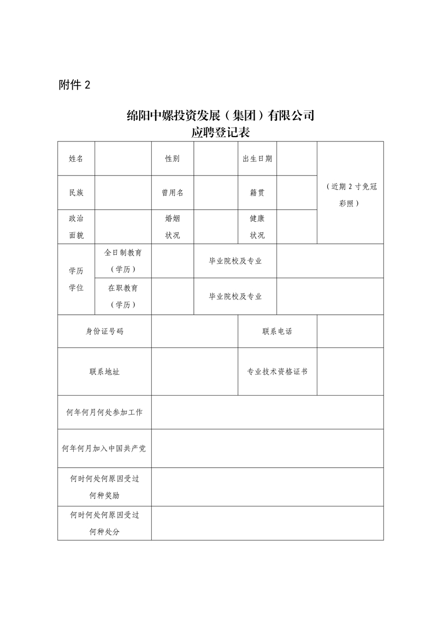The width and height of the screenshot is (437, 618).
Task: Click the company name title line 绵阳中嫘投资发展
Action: [220, 116]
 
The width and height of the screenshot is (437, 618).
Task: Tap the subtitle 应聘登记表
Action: [220, 133]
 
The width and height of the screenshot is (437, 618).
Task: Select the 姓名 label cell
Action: [76, 158]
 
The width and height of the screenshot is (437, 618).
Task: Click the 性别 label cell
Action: [173, 158]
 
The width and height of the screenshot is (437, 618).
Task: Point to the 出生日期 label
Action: [257, 158]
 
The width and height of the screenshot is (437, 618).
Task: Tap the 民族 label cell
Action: [76, 192]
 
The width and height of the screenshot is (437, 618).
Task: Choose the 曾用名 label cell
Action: [173, 192]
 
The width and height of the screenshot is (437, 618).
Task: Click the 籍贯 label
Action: [257, 192]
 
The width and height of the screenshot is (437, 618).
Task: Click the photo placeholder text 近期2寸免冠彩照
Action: [350, 194]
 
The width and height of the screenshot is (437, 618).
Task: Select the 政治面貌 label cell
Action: [76, 227]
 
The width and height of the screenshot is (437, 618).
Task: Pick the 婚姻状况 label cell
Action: [173, 227]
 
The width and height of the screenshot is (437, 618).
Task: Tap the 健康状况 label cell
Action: [257, 227]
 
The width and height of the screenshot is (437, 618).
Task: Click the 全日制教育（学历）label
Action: [123, 261]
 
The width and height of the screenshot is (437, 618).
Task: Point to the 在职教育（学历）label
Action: [123, 296]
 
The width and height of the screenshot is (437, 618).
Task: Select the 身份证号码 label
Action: [104, 331]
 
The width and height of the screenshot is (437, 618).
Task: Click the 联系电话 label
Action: [277, 331]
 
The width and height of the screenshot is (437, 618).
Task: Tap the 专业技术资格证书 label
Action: [277, 372]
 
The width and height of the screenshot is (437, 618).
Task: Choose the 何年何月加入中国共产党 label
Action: [104, 448]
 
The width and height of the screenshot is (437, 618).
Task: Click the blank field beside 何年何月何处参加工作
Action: [267, 412]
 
